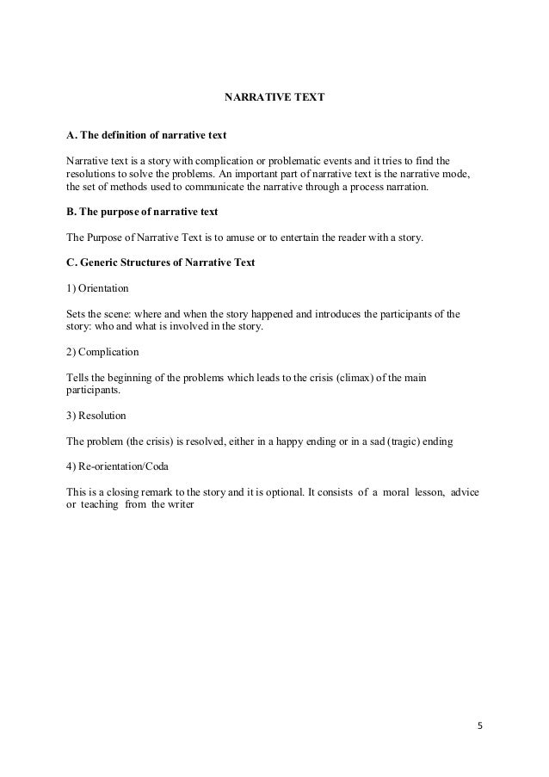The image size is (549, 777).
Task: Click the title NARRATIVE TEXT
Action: (274, 97)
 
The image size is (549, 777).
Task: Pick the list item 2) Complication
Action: (102, 352)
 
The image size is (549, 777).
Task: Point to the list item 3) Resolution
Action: (96, 416)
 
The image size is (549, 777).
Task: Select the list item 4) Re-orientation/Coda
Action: (118, 466)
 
